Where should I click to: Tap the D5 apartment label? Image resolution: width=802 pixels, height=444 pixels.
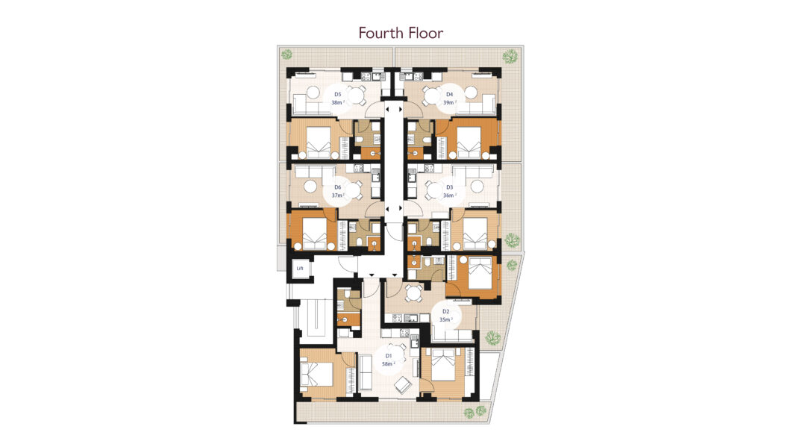coord(337,94)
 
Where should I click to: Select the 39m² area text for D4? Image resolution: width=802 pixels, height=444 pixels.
coord(449,102)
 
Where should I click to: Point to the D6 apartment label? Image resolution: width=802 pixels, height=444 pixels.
coord(337,187)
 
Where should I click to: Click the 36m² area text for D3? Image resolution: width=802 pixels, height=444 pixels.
coord(449,196)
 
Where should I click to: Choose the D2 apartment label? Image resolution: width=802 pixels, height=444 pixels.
coord(445,311)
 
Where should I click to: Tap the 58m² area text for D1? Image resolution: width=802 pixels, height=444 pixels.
coord(388,364)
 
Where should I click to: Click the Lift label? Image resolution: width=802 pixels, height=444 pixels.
coord(300,269)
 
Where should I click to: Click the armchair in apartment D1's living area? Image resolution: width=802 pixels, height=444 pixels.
coord(402,384)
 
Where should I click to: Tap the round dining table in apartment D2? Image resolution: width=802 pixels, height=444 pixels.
coord(413,293)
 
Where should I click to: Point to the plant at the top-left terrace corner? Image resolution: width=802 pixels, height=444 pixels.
coord(287,54)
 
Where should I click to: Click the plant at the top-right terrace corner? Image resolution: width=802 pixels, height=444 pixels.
coord(510,56)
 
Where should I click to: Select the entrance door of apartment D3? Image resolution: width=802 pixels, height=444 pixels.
coord(414,209)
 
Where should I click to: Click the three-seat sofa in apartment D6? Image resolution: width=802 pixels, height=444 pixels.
coord(313,172)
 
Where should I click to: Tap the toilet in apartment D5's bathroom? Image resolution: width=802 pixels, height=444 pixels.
coord(360,140)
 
